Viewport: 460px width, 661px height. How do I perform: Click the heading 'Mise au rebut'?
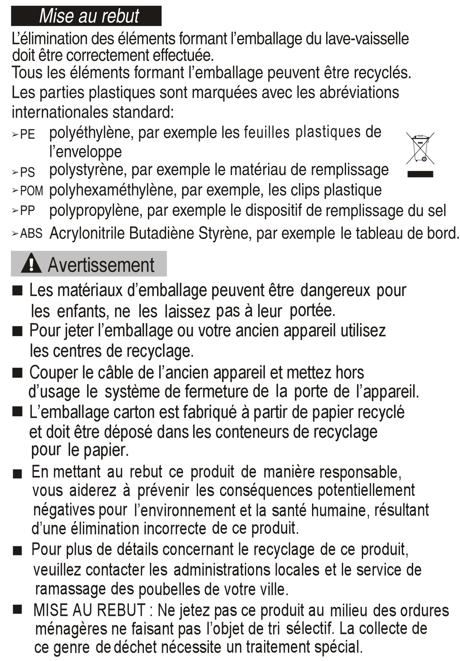(x=89, y=16)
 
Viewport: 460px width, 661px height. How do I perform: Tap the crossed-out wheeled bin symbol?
(x=420, y=148)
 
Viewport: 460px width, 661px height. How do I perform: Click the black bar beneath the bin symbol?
(x=420, y=174)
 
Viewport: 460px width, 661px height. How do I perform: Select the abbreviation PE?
(x=27, y=135)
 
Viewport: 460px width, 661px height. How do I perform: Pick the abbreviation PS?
(x=27, y=172)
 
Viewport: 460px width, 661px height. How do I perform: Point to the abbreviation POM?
(x=31, y=191)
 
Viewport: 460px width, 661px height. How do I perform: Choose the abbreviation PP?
(x=27, y=211)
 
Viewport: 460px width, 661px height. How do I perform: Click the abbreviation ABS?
(x=31, y=234)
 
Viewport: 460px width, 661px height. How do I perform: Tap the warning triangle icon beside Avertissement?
(x=31, y=264)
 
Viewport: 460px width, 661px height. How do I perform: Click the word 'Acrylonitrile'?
(x=87, y=233)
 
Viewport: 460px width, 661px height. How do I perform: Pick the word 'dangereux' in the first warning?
(x=335, y=291)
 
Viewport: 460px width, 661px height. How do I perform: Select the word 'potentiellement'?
(x=366, y=490)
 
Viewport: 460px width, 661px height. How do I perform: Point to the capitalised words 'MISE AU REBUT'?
(x=89, y=610)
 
